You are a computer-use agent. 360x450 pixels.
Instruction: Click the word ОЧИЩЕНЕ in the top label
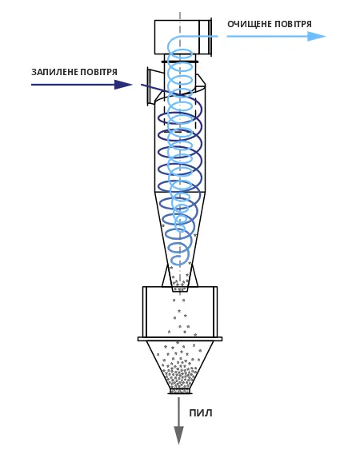(249, 24)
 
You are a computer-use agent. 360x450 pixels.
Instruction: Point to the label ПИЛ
(201, 413)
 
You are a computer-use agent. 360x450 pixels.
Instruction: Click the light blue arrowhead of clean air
(316, 37)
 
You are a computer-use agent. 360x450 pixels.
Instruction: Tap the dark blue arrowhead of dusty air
(123, 85)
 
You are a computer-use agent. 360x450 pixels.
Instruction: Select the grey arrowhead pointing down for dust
(178, 436)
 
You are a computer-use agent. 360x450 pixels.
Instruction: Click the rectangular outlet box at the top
(183, 37)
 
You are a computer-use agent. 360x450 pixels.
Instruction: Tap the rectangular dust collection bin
(180, 312)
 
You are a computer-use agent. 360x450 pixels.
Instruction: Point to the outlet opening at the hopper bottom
(180, 391)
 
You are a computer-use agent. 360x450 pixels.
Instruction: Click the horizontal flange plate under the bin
(180, 339)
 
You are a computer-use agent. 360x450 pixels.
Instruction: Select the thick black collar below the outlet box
(180, 62)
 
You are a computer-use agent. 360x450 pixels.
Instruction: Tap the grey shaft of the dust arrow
(178, 412)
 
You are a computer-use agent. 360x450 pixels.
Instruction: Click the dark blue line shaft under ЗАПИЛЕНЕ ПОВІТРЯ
(73, 85)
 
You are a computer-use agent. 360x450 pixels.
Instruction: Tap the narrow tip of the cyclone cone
(180, 289)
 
